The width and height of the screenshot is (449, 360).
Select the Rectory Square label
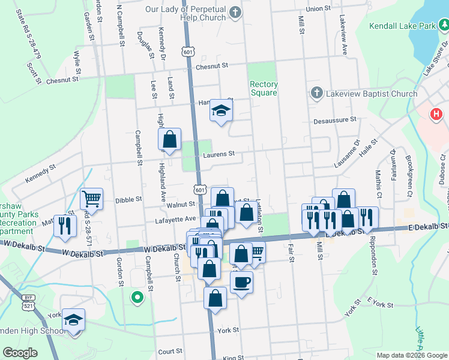[264, 89]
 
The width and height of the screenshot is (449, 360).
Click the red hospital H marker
[436, 113]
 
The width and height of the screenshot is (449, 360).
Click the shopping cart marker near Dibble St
[91, 199]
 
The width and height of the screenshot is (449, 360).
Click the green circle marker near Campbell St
[137, 296]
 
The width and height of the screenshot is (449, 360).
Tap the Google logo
[20, 353]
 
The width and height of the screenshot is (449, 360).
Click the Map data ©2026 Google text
[411, 355]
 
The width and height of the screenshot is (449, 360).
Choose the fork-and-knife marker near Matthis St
[62, 226]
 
